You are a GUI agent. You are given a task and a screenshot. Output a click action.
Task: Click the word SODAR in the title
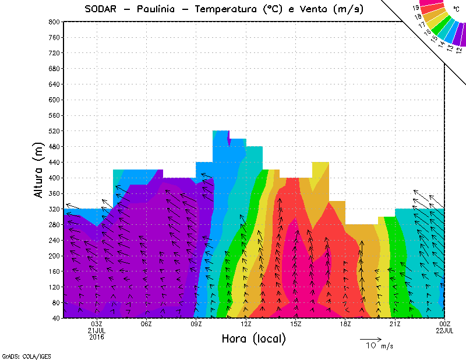tap(102, 9)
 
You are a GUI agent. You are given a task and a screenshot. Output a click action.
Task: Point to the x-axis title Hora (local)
tap(254, 338)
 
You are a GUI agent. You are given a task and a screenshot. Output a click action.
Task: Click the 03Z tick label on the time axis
tap(97, 324)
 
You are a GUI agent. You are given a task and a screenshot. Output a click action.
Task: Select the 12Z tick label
tap(246, 324)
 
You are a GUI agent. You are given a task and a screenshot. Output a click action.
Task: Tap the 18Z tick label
tap(345, 324)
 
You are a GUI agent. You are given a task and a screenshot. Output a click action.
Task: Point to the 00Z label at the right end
tap(444, 324)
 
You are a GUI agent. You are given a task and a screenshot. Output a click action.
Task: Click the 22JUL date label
tap(444, 330)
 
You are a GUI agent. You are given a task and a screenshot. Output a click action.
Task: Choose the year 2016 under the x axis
tap(97, 337)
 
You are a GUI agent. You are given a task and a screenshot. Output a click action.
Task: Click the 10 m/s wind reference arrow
tap(370, 338)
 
